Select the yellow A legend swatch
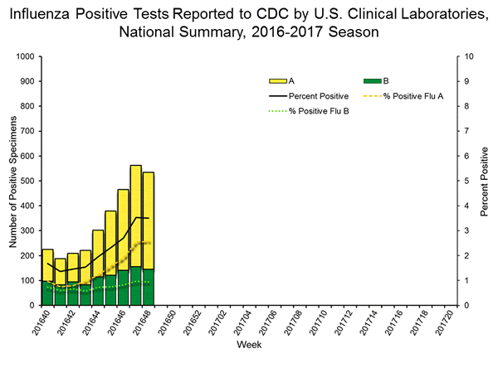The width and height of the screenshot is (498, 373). [278, 81]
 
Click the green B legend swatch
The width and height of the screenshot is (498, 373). [372, 81]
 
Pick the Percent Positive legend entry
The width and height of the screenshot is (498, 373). [315, 96]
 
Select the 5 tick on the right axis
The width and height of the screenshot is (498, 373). [467, 181]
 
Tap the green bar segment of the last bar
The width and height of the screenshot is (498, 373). [149, 287]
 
